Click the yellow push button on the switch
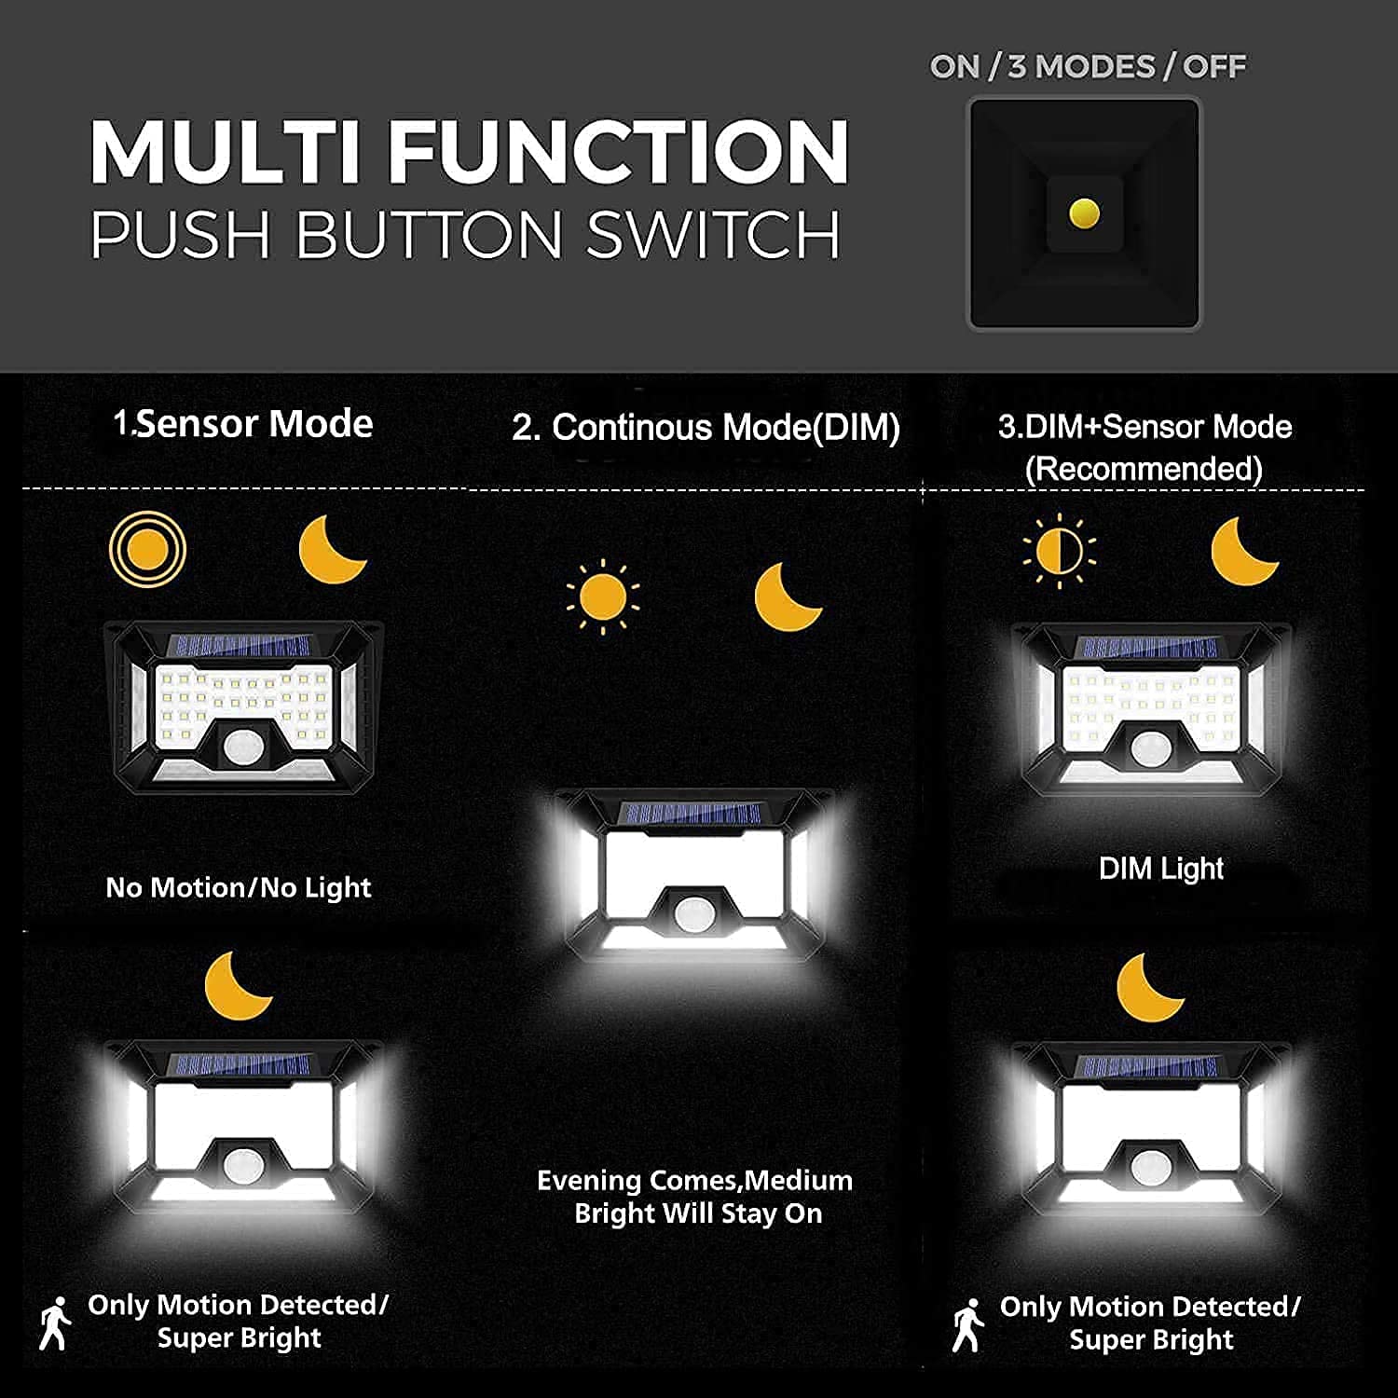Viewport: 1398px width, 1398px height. (1084, 213)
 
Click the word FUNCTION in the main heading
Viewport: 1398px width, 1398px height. (618, 152)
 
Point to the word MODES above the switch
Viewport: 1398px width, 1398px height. (1095, 67)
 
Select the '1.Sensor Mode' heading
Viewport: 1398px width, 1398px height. (243, 424)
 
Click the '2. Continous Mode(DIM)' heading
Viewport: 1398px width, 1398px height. (706, 428)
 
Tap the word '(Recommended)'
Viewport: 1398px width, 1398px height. (1144, 468)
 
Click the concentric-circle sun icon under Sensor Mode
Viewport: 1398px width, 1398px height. (147, 550)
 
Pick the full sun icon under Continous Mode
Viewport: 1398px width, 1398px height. (603, 596)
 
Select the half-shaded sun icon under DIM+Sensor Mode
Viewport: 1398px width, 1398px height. (1059, 552)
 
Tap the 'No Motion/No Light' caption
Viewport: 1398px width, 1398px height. (239, 888)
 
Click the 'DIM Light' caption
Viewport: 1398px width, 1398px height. (1161, 869)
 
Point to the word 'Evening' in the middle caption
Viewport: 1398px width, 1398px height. (589, 1181)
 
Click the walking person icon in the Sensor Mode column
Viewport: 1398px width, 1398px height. (55, 1323)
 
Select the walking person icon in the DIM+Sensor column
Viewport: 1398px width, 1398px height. (968, 1325)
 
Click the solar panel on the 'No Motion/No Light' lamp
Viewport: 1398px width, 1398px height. (240, 646)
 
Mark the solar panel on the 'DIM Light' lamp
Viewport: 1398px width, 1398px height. (1148, 648)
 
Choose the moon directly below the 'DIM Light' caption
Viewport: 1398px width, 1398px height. (1150, 988)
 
